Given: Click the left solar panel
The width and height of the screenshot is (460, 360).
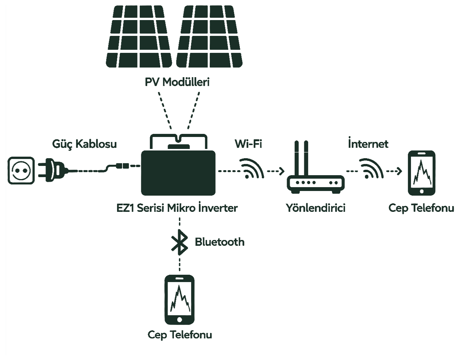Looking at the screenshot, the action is pos(139,36).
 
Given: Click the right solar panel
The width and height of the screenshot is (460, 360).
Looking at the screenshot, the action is pos(209,36).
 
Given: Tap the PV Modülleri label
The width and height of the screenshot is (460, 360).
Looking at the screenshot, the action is pos(177,82).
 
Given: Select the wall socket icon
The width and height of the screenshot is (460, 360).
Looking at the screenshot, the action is pos(21,171).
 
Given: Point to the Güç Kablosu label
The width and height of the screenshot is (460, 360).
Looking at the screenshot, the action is pos(85,144).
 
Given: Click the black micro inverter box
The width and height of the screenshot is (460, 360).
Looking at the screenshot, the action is pos(178,173).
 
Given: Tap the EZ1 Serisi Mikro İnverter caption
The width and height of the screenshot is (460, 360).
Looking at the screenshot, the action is pos(177,208).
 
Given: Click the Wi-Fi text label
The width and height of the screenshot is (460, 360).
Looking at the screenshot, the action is pos(248,144).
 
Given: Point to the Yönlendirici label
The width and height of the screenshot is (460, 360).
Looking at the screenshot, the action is pos(316,208).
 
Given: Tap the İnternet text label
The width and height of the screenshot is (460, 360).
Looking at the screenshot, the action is pos(368,144).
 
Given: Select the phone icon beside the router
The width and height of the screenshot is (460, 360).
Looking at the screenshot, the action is pos(421,173).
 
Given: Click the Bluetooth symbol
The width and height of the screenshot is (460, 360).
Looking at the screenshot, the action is pos(179,242).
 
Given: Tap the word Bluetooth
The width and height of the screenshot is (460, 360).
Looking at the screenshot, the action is pos(220,242).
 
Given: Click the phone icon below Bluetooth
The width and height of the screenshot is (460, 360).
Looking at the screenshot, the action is pos(180,299).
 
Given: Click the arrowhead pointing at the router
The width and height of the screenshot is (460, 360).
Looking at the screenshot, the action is pos(282,171).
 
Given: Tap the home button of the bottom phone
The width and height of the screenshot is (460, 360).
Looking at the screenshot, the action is pos(180,319).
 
